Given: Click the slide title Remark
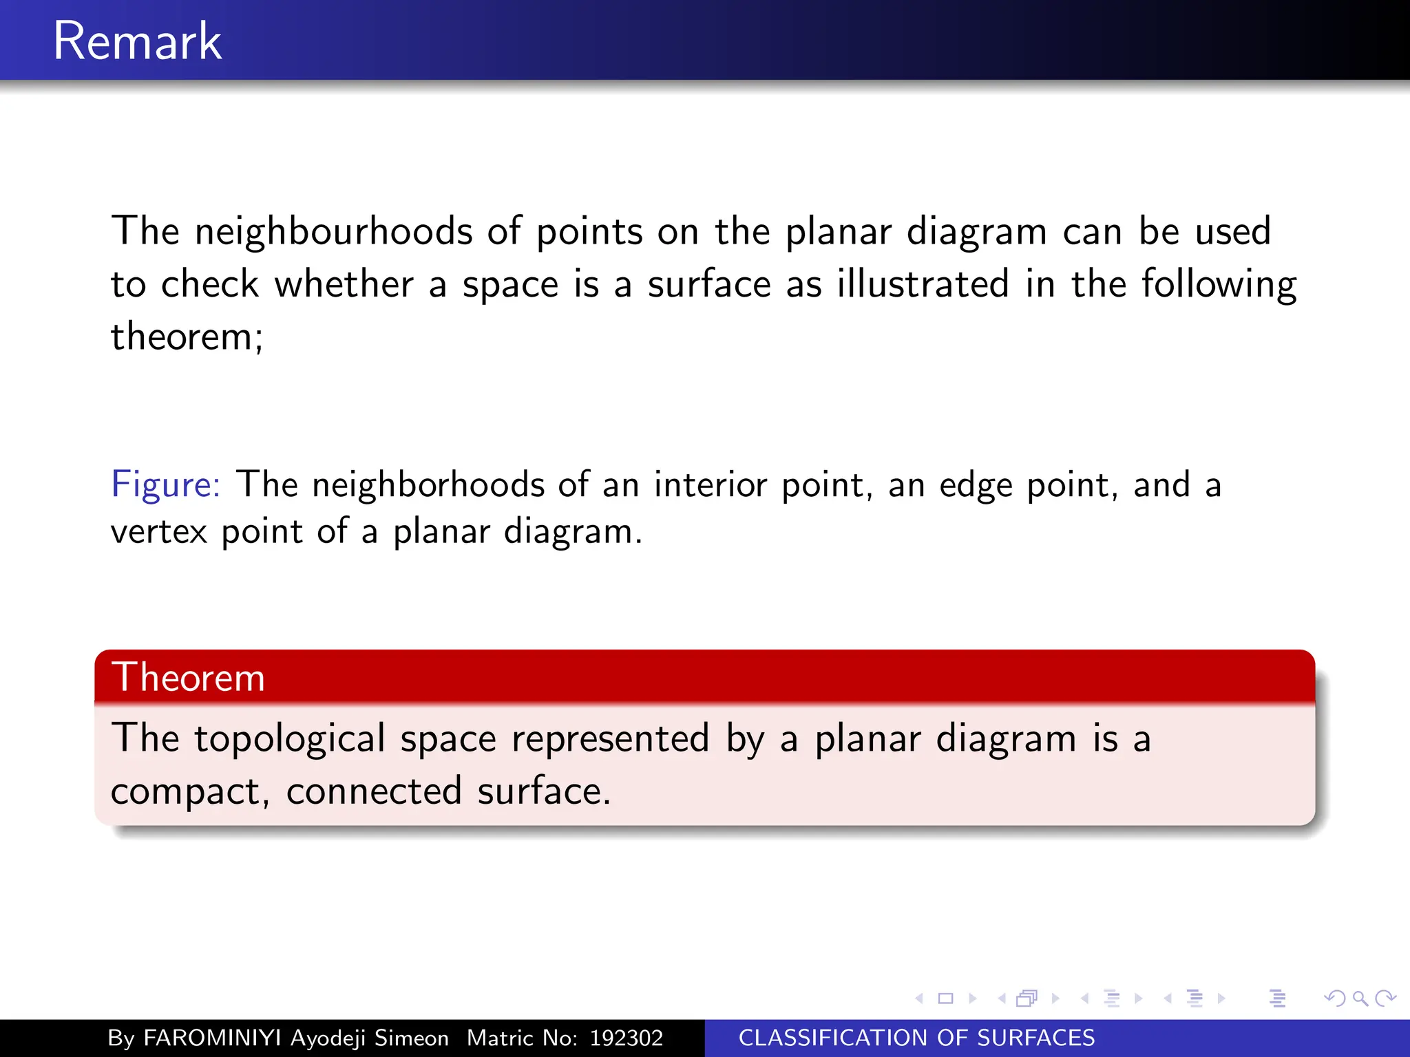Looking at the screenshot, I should tap(137, 41).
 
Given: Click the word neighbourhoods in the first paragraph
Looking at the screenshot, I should tap(333, 231).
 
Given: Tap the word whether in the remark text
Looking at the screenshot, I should tap(344, 284).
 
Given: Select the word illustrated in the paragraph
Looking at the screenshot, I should tap(923, 284).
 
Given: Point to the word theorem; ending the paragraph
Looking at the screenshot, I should tap(187, 337).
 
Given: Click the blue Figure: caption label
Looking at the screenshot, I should tap(165, 484).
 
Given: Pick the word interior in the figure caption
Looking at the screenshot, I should tap(710, 484).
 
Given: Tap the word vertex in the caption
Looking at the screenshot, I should tap(158, 531).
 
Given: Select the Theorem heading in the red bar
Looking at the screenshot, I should tap(188, 677).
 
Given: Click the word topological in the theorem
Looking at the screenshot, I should tap(289, 739).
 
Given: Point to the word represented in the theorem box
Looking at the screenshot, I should tap(610, 739).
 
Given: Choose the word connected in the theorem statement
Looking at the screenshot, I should tap(374, 791).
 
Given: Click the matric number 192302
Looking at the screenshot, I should tap(626, 1038).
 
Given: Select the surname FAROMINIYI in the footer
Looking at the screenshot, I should tap(212, 1038).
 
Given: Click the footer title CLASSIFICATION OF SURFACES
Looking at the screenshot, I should tap(916, 1038).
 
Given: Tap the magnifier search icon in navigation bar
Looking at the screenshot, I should tap(1360, 998).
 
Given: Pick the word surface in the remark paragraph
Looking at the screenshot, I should tap(708, 284).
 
